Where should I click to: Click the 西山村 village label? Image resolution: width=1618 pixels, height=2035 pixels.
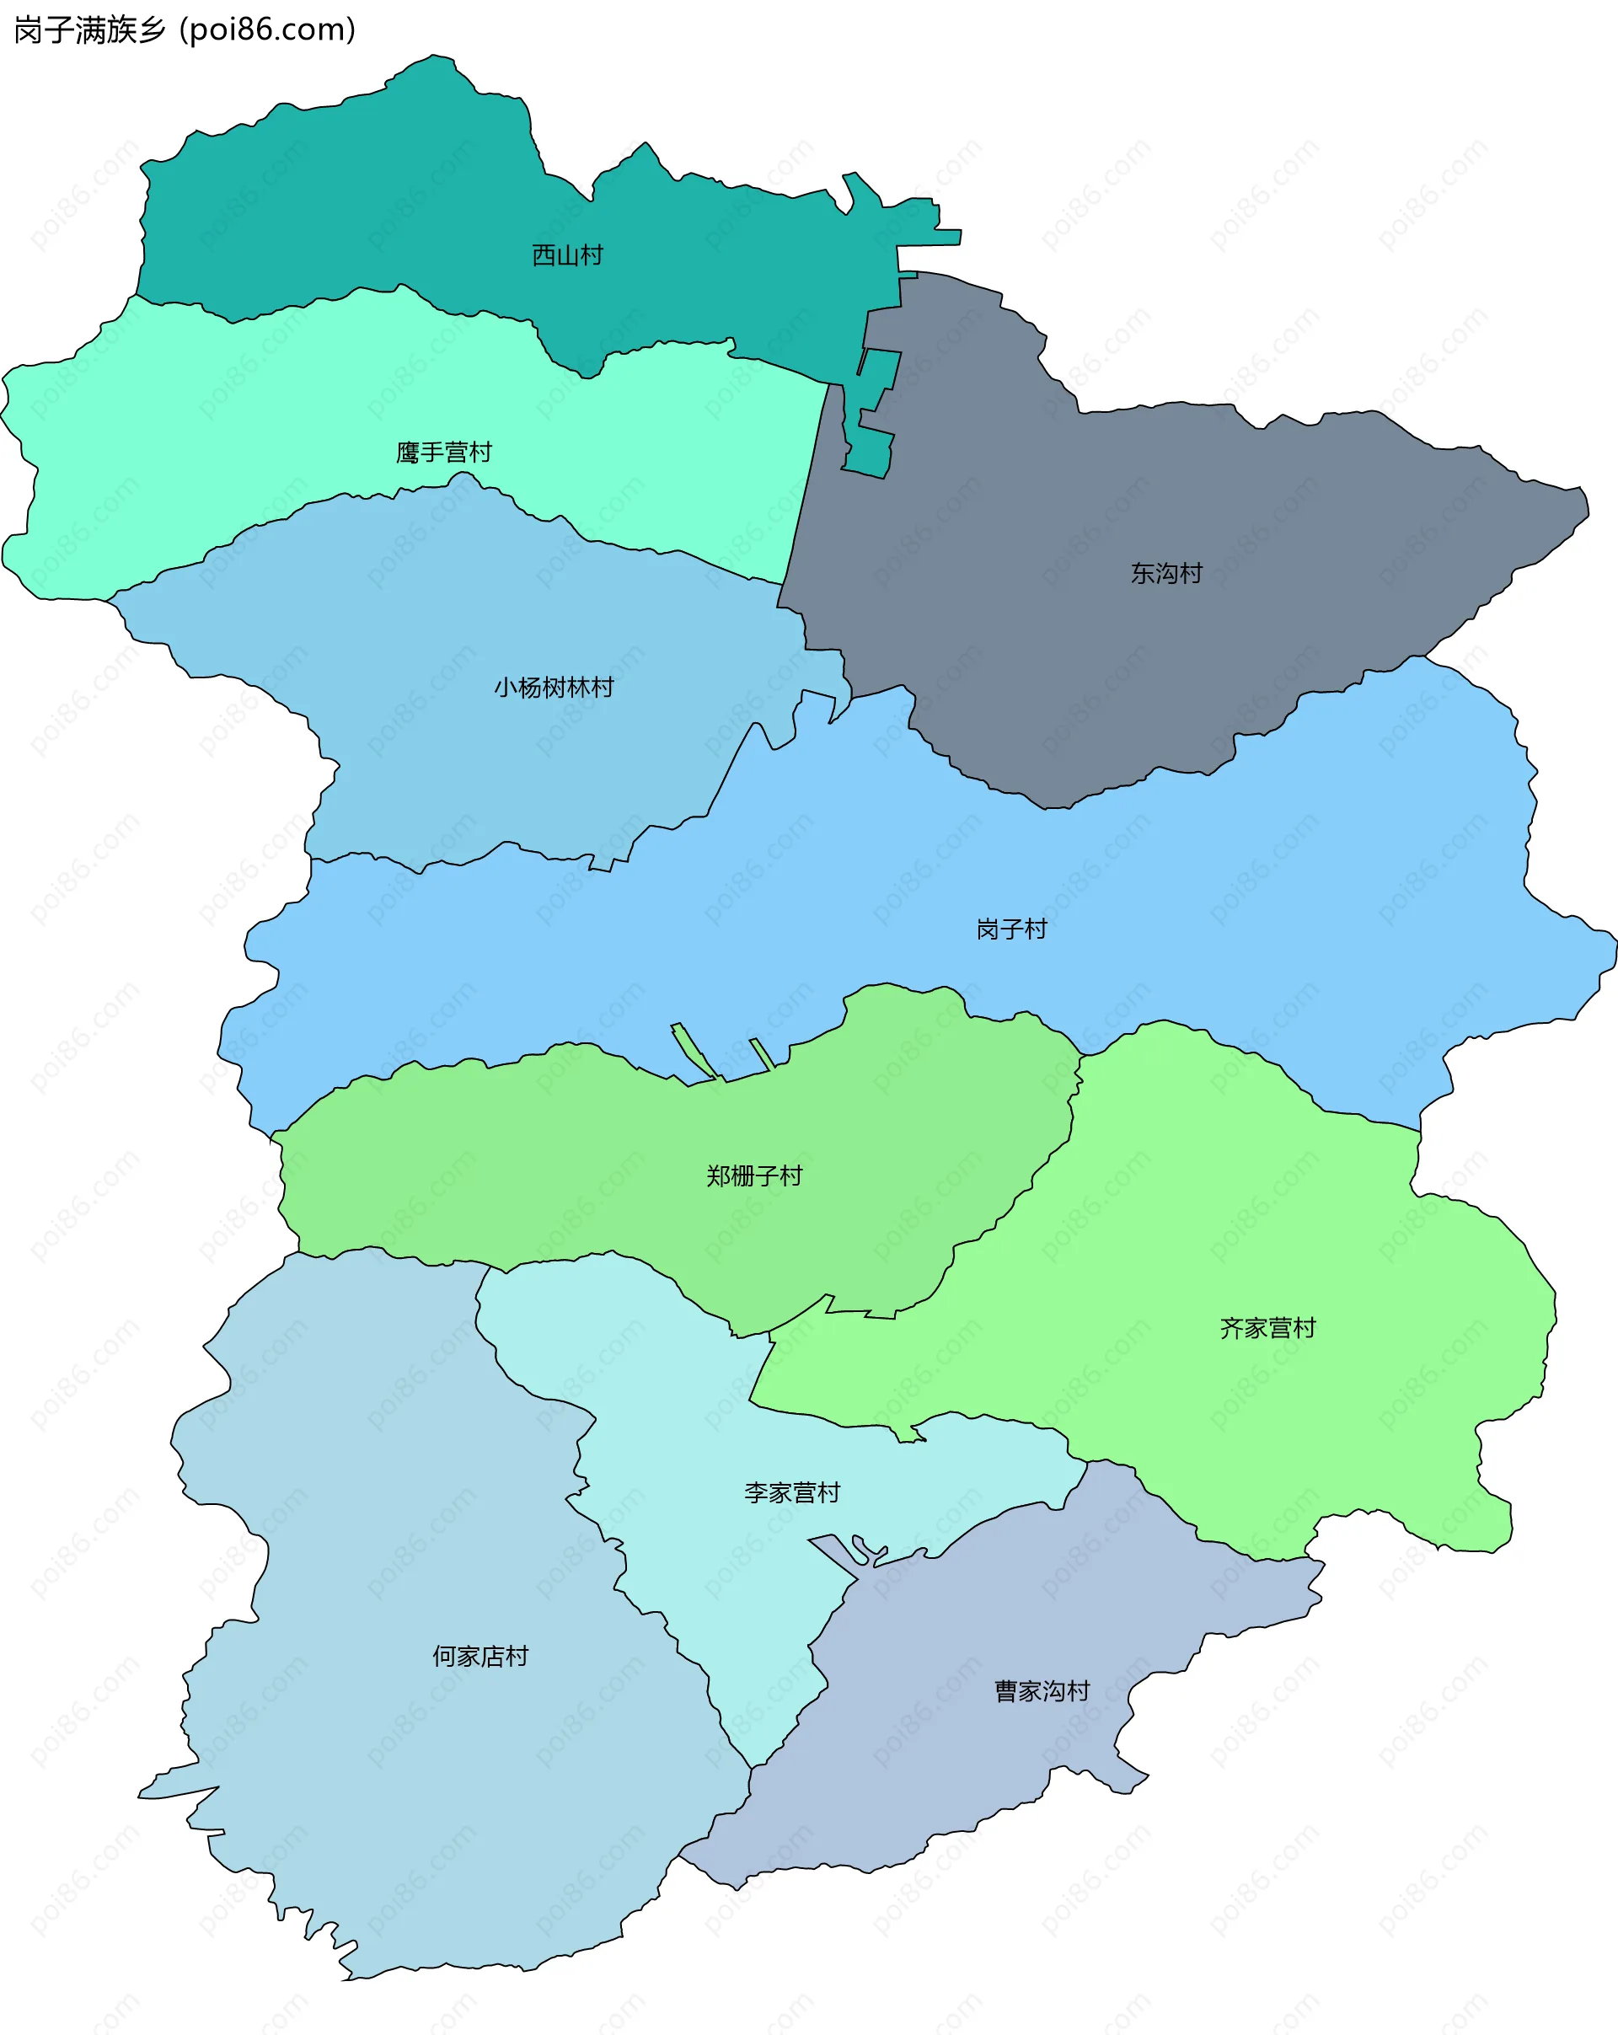(x=566, y=254)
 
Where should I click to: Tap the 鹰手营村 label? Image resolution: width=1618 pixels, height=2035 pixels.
(x=443, y=453)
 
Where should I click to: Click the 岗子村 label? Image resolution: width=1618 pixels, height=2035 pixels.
(x=1011, y=929)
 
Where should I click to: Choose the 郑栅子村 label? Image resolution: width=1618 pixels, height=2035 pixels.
(x=753, y=1175)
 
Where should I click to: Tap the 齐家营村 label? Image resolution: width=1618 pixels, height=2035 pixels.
(x=1267, y=1328)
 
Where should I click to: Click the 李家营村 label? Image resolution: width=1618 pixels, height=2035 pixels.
(x=791, y=1492)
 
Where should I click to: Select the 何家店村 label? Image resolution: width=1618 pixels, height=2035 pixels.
(x=480, y=1656)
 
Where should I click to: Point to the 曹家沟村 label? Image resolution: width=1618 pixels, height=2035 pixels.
(x=1042, y=1690)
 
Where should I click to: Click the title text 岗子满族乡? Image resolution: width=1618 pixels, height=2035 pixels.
(x=89, y=30)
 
